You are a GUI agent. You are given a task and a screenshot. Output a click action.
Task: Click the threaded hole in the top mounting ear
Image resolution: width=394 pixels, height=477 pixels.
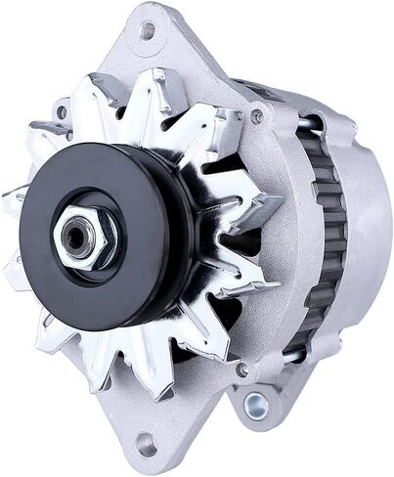(x=148, y=30)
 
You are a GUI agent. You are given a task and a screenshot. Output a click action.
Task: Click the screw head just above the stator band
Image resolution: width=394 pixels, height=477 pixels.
(x=257, y=116)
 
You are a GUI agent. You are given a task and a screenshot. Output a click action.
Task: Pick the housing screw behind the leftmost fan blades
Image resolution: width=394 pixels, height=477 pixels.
(x=62, y=113)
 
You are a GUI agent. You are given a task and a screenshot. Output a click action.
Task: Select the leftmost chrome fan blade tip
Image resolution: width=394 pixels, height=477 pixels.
(x=14, y=200)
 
